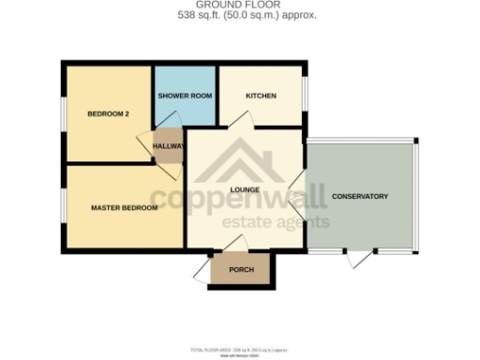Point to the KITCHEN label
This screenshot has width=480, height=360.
pos(260,97)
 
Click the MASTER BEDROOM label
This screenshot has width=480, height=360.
pos(124,207)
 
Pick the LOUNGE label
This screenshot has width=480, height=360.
pos(244,190)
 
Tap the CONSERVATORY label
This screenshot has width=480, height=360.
pos(360,196)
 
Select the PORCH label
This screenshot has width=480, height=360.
pos(242,270)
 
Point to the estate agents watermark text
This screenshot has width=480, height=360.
pos(275,222)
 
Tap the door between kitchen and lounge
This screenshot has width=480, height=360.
pos(241,120)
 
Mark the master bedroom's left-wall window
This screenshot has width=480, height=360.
pos(64,207)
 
